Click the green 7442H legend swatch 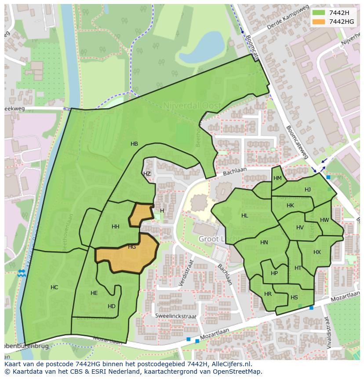click(x=318, y=13)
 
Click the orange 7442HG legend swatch click(x=318, y=22)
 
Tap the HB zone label click(x=134, y=144)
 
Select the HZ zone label click(x=147, y=174)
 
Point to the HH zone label click(x=116, y=227)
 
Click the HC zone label click(x=54, y=287)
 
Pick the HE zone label click(x=94, y=293)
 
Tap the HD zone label click(x=112, y=306)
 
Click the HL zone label click(x=245, y=216)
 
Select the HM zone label click(x=277, y=178)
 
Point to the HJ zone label click(x=308, y=190)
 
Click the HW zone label click(x=324, y=220)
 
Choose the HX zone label click(x=317, y=252)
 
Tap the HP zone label click(x=274, y=273)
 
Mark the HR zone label click(x=268, y=294)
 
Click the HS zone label click(x=294, y=298)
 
